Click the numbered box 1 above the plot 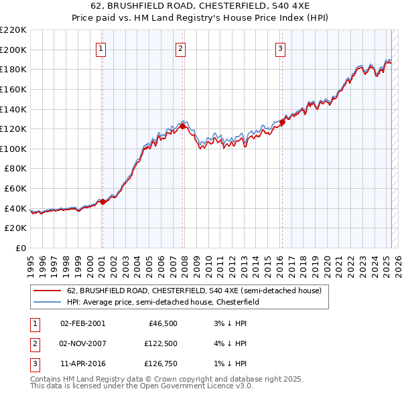[100, 48]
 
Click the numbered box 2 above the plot [181, 48]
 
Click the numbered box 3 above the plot [280, 48]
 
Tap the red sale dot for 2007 [183, 126]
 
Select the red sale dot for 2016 [282, 122]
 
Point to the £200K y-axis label [13, 50]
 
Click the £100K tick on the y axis [13, 149]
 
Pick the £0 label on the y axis [20, 248]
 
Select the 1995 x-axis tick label [31, 262]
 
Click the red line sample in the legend [48, 291]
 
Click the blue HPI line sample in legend [48, 302]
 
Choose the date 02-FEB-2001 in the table [82, 323]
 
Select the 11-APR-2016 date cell [82, 364]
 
